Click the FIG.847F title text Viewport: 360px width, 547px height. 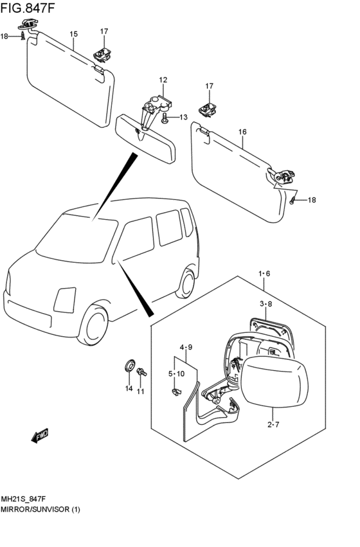pos(28,8)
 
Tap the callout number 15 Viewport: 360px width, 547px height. pos(73,34)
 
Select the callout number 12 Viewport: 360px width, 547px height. pos(163,80)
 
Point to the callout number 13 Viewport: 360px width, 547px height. pos(183,117)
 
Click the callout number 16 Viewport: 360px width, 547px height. pos(242,132)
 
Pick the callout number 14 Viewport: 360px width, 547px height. pos(129,388)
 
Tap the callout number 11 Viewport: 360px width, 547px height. pos(140,391)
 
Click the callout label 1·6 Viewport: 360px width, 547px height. pos(264,274)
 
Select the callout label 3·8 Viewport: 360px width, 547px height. pos(265,304)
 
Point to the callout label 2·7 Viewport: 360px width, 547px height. pos(273,425)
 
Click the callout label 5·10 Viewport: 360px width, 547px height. pos(177,374)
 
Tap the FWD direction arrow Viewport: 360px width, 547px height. pos(39,435)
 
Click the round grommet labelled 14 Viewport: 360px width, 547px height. pos(129,366)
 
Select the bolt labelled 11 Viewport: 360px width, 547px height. pos(141,372)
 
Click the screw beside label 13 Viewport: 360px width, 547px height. pos(165,118)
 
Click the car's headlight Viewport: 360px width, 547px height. pos(65,300)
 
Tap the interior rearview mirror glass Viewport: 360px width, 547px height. pos(145,139)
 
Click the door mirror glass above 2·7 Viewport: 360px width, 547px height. pos(275,382)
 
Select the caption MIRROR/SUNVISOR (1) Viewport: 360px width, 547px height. pos(40,509)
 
